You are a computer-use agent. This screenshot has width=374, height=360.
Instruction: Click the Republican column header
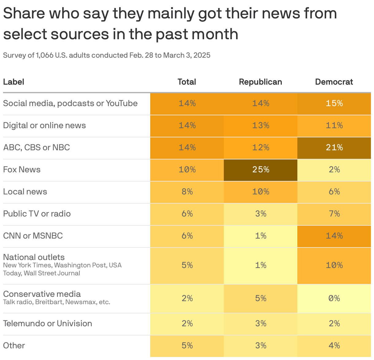tap(260, 82)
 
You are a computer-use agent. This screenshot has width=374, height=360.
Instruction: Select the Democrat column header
tap(334, 82)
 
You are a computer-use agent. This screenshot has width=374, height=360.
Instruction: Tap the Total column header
tap(187, 82)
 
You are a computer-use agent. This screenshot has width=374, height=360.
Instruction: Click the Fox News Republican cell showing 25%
tap(261, 170)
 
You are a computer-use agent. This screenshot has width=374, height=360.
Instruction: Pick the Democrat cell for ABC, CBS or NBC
tap(334, 148)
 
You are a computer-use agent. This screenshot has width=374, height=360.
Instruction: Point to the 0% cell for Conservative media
tap(334, 298)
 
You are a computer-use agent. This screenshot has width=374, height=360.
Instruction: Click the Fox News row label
tap(22, 170)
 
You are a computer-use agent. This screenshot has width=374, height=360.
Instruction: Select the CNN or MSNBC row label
tap(33, 236)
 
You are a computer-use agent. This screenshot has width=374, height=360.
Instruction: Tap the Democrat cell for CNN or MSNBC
tap(334, 236)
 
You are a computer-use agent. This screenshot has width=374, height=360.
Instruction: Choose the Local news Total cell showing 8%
tap(187, 192)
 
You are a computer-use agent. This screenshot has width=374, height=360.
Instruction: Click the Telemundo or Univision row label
tap(48, 324)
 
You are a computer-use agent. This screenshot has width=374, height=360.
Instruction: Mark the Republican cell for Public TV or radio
tap(261, 214)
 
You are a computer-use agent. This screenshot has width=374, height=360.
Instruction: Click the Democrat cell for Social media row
tap(334, 104)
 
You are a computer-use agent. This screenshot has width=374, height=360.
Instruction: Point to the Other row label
tap(14, 346)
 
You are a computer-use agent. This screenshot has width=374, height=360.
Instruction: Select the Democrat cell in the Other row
tap(334, 346)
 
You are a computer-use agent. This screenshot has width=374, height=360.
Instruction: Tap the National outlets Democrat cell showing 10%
tap(334, 265)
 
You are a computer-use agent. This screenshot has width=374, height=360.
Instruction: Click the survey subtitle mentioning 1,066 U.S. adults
tap(107, 55)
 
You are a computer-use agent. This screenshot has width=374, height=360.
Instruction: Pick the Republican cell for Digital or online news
tap(261, 126)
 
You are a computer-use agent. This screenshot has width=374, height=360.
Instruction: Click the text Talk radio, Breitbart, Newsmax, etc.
tap(57, 302)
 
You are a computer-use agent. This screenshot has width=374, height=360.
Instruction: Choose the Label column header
tap(13, 82)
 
